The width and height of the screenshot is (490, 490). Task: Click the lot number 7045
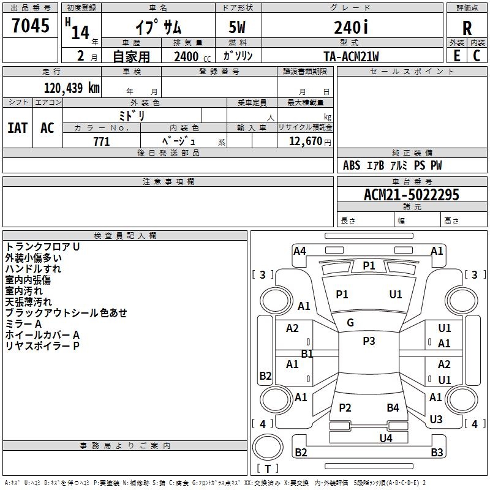point(31,25)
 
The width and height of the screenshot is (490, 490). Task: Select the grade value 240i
point(351,27)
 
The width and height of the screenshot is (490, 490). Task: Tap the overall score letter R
point(467,28)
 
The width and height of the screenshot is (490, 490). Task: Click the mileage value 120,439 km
point(72,88)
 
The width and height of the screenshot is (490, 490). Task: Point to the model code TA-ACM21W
point(351,56)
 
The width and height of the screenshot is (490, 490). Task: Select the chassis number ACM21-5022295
point(412,195)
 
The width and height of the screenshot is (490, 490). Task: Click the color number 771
point(102,141)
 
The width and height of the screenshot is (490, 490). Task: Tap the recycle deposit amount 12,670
point(306,141)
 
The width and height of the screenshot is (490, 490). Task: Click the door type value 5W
point(237,27)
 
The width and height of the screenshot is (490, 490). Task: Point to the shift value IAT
point(18,128)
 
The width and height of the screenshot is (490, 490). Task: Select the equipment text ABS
point(352,165)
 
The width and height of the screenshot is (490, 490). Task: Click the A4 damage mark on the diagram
point(300,251)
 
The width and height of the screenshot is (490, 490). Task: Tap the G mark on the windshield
point(350,323)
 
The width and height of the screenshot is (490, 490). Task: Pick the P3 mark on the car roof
point(369,341)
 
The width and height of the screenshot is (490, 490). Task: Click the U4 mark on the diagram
point(386,439)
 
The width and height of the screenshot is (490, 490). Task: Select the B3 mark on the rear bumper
point(437,452)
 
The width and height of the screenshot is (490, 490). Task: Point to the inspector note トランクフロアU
point(42,247)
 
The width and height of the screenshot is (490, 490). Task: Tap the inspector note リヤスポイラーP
point(42,346)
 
